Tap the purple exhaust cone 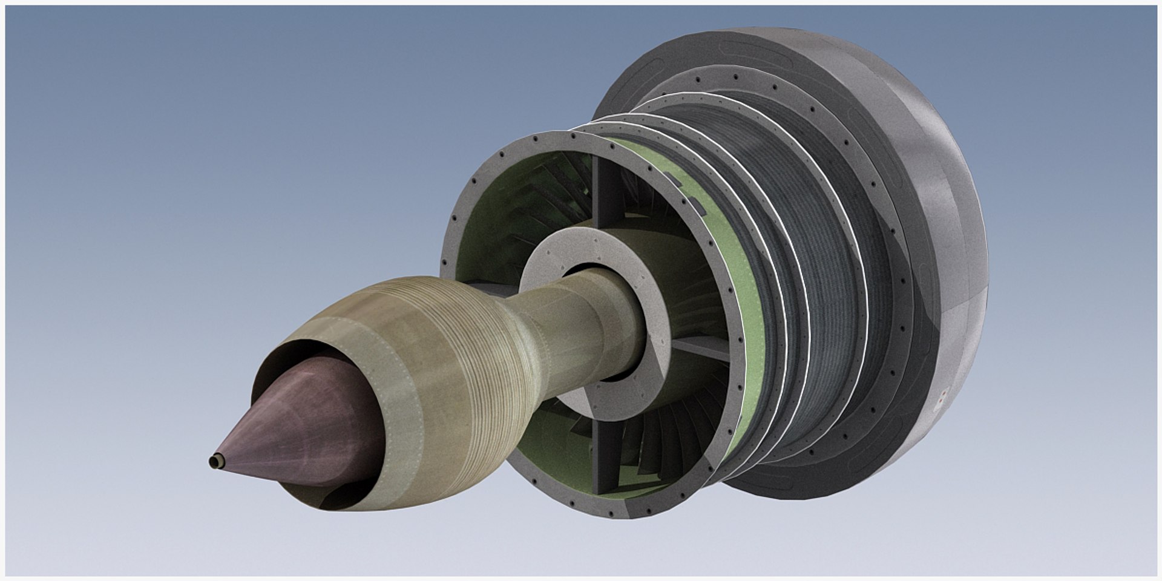pyautogui.click(x=303, y=424)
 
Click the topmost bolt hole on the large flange pyautogui.click(x=571, y=137)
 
